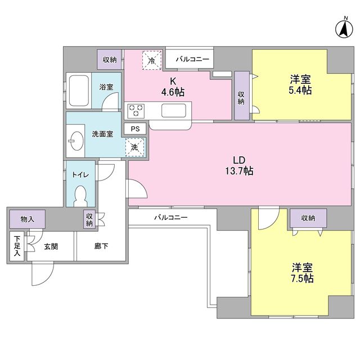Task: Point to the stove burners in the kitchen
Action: click(137, 110)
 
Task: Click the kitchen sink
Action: click(174, 111)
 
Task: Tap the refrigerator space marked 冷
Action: click(151, 58)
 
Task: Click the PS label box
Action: click(134, 129)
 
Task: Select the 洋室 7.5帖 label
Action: click(302, 272)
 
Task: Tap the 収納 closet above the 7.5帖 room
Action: click(307, 218)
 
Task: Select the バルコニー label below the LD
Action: click(170, 217)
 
